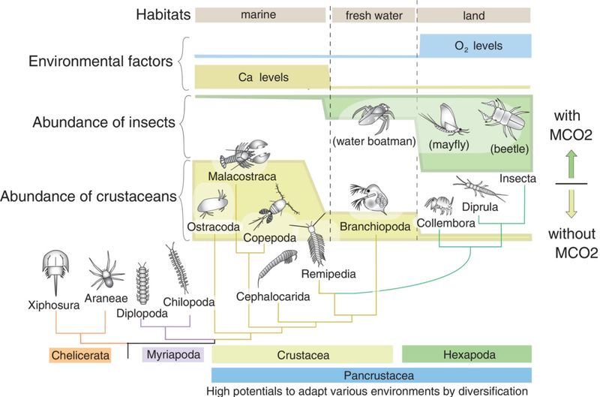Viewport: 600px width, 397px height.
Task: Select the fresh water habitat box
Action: click(373, 15)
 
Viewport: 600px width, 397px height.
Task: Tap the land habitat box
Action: click(474, 15)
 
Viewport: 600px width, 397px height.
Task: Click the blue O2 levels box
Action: click(474, 47)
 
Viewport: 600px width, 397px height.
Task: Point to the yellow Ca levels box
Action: click(261, 77)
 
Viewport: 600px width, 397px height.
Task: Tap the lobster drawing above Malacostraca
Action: click(246, 155)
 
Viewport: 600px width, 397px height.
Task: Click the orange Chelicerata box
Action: click(81, 354)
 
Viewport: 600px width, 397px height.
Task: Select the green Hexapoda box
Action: click(466, 354)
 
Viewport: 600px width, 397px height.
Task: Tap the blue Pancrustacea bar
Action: click(372, 374)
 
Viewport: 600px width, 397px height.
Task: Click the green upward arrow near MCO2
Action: click(571, 161)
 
